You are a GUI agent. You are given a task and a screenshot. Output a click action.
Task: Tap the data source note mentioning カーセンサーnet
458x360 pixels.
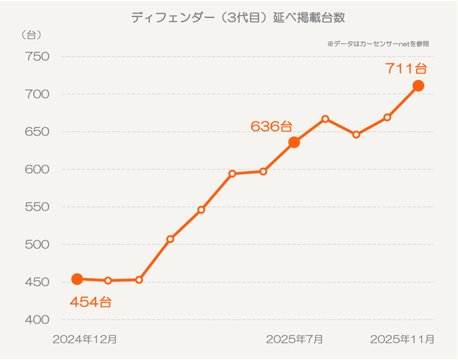click(x=378, y=44)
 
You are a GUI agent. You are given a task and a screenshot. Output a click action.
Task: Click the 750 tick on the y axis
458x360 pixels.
click(x=38, y=57)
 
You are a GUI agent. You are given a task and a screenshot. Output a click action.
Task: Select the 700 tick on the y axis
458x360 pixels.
click(x=38, y=94)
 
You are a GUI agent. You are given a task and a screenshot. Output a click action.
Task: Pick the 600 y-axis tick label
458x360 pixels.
click(x=38, y=170)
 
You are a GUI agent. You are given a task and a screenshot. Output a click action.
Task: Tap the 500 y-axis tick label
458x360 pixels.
click(x=38, y=245)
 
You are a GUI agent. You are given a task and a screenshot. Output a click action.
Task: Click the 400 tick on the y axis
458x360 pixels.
click(x=38, y=320)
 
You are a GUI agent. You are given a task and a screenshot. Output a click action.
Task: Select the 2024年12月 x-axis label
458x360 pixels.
click(x=85, y=339)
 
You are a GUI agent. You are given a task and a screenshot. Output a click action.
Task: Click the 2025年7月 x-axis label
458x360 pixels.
click(x=294, y=339)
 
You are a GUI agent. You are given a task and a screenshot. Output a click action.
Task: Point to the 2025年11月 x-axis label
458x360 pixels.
click(x=402, y=339)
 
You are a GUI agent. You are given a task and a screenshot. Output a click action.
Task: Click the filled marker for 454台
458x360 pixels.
click(x=77, y=279)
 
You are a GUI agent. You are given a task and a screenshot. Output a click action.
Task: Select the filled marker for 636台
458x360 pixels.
click(x=294, y=142)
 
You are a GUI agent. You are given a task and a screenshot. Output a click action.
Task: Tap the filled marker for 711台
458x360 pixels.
click(x=418, y=85)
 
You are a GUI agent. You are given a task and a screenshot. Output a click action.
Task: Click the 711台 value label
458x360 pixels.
click(x=406, y=68)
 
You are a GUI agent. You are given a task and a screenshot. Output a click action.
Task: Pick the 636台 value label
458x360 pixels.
click(x=271, y=126)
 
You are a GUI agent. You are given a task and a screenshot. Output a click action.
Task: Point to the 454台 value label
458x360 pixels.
click(x=90, y=302)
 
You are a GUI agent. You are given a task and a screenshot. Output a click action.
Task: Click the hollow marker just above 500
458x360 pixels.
click(x=170, y=239)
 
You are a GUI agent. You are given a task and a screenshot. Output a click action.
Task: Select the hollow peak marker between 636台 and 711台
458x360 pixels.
click(x=325, y=119)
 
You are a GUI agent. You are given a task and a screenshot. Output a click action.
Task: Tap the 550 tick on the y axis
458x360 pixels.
click(x=38, y=207)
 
